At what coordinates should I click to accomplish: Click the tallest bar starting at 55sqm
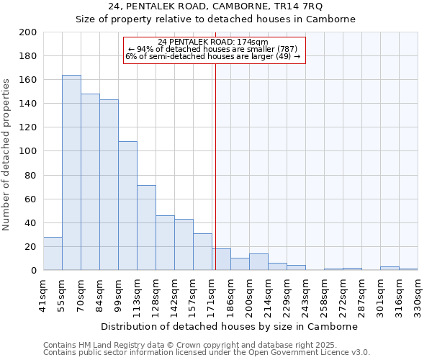(71, 173)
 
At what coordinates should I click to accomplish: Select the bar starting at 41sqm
(53, 253)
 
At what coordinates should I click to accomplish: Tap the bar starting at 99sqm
(127, 206)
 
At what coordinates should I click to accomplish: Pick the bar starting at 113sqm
(146, 228)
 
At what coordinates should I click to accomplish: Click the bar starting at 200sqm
(258, 262)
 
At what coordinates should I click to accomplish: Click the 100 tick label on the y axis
(29, 151)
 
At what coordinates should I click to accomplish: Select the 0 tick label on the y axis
(34, 271)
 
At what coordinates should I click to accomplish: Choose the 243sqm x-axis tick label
(306, 294)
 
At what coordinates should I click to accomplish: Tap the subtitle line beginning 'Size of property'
(216, 19)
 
